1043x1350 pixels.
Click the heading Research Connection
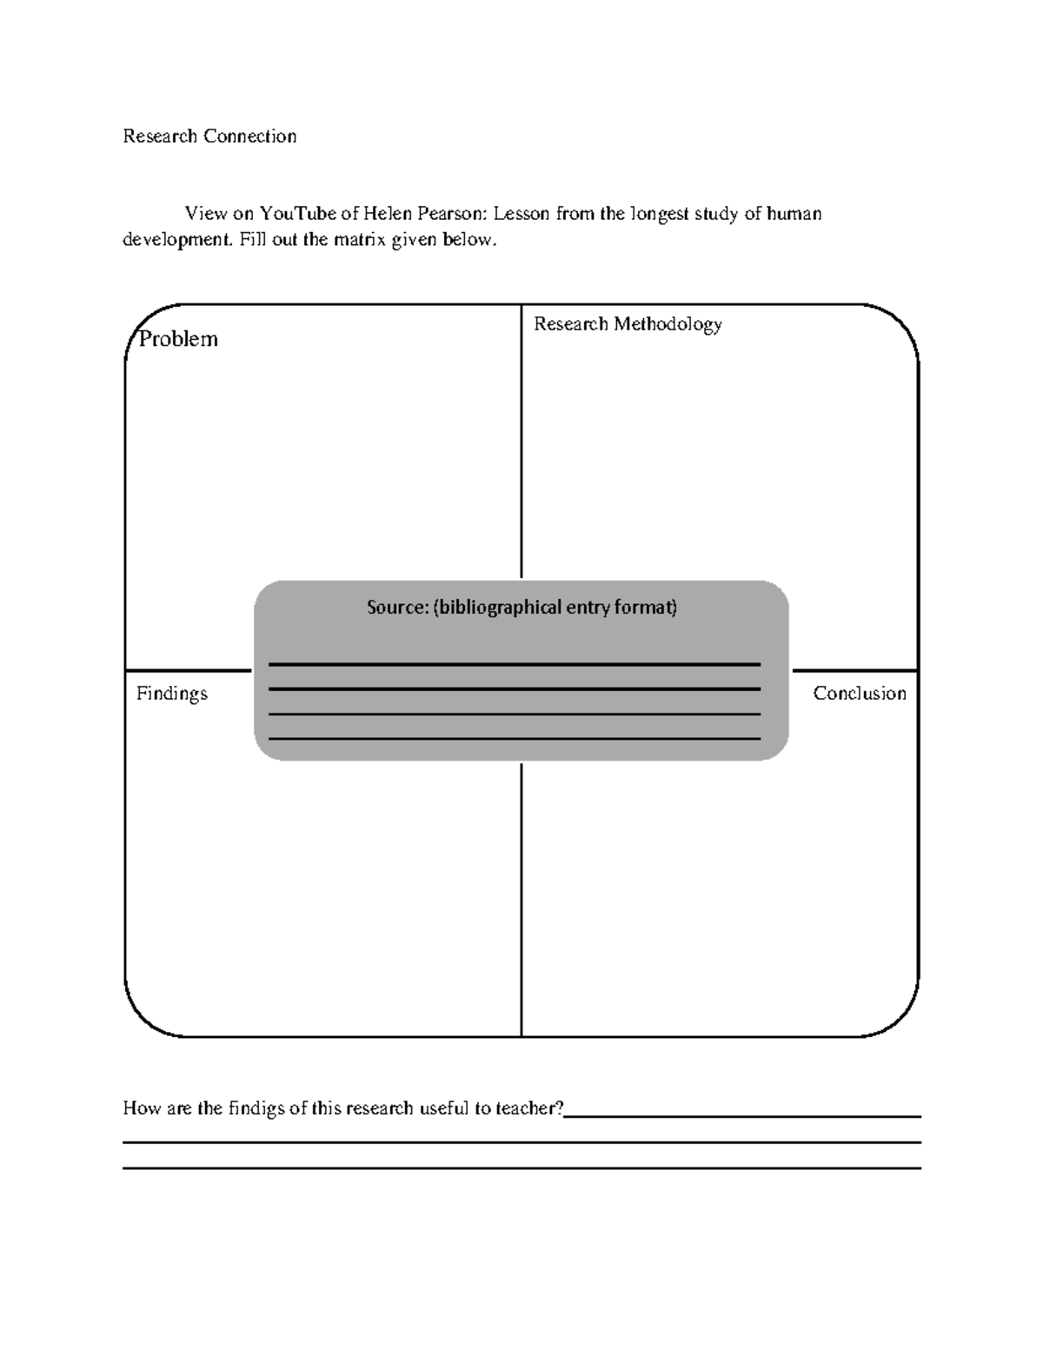[x=209, y=136]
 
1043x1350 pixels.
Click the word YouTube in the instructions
[x=297, y=214]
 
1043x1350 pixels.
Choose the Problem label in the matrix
[x=178, y=339]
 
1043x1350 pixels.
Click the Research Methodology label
[x=628, y=324]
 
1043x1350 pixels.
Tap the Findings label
[x=172, y=694]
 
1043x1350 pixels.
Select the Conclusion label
[x=859, y=694]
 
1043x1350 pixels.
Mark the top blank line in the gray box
[x=515, y=664]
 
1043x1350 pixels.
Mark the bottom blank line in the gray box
[x=515, y=739]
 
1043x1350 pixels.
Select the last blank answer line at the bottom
[x=521, y=1168]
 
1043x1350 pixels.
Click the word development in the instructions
[x=176, y=240]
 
